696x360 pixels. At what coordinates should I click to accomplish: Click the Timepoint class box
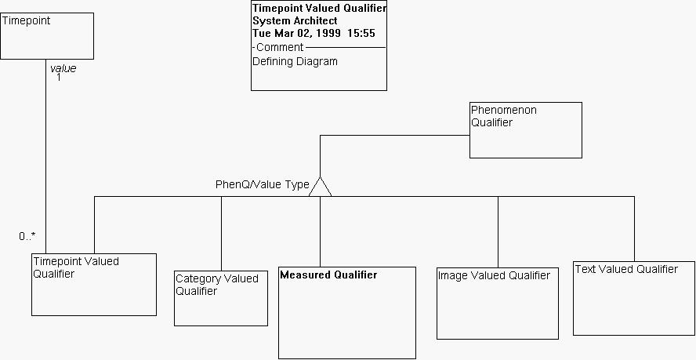pyautogui.click(x=47, y=35)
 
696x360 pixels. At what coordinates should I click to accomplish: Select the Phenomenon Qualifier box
pyautogui.click(x=525, y=130)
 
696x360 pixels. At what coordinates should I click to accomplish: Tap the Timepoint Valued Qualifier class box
pyautogui.click(x=93, y=285)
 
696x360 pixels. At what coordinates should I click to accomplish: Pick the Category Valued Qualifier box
pyautogui.click(x=220, y=298)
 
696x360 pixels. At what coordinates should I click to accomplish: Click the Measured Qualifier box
pyautogui.click(x=346, y=313)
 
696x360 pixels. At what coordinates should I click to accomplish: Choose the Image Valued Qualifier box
pyautogui.click(x=497, y=303)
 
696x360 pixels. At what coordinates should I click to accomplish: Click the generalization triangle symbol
pyautogui.click(x=320, y=187)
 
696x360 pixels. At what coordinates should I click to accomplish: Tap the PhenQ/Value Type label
pyautogui.click(x=262, y=185)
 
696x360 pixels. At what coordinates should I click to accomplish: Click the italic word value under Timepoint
pyautogui.click(x=63, y=68)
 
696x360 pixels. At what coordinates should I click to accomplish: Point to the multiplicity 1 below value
pyautogui.click(x=59, y=78)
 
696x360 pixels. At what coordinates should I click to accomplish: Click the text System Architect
pyautogui.click(x=295, y=20)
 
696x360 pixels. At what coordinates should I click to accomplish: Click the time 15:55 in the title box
pyautogui.click(x=361, y=33)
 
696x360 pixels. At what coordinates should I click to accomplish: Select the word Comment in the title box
pyautogui.click(x=280, y=47)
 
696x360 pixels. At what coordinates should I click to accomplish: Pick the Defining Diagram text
pyautogui.click(x=295, y=61)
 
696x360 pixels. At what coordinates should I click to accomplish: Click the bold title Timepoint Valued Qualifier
pyautogui.click(x=318, y=8)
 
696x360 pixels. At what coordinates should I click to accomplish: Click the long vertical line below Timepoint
pyautogui.click(x=46, y=157)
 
